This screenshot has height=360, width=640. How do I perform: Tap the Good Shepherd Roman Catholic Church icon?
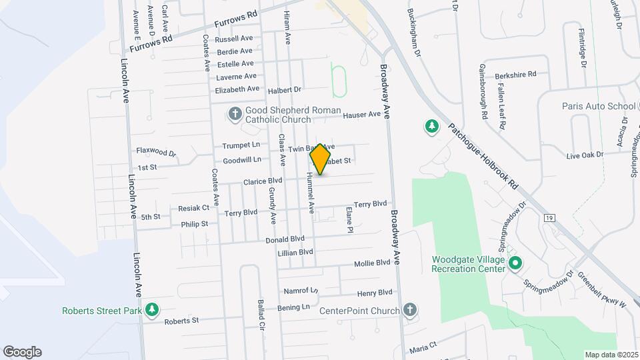click(235, 115)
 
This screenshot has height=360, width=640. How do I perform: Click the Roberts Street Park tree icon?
click(153, 310)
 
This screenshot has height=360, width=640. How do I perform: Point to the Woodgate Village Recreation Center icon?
click(515, 264)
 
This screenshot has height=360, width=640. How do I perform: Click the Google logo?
click(22, 351)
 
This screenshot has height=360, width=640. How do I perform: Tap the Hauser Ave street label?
click(361, 115)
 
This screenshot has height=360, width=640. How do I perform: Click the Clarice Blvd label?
click(263, 181)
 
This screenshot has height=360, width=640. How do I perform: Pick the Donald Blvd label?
click(285, 239)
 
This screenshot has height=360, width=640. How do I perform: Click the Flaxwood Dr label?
click(156, 153)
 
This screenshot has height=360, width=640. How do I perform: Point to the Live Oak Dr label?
click(585, 155)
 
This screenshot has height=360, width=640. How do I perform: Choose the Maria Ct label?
click(423, 346)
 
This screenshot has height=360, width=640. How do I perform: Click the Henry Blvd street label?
click(375, 293)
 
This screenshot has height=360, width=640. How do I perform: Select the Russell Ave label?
click(234, 39)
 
